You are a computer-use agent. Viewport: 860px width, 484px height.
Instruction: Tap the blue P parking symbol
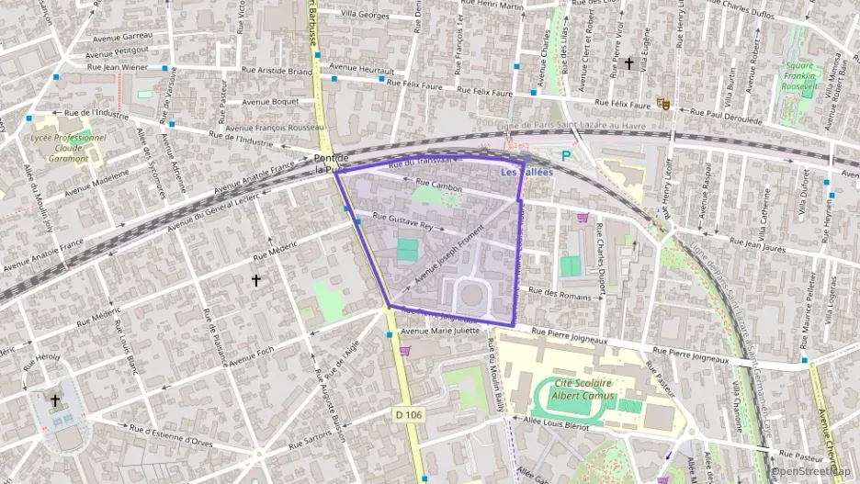coord(566,156)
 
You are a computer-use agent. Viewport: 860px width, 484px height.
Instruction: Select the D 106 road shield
coord(409,415)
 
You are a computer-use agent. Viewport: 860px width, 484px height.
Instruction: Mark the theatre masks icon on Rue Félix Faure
coord(662,105)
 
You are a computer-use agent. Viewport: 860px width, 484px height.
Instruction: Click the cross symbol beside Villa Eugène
coord(629,63)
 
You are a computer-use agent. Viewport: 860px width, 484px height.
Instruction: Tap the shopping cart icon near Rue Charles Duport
coord(583,218)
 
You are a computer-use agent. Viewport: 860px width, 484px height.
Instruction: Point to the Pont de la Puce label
coord(330,163)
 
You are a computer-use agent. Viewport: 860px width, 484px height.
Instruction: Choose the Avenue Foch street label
coord(252,354)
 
